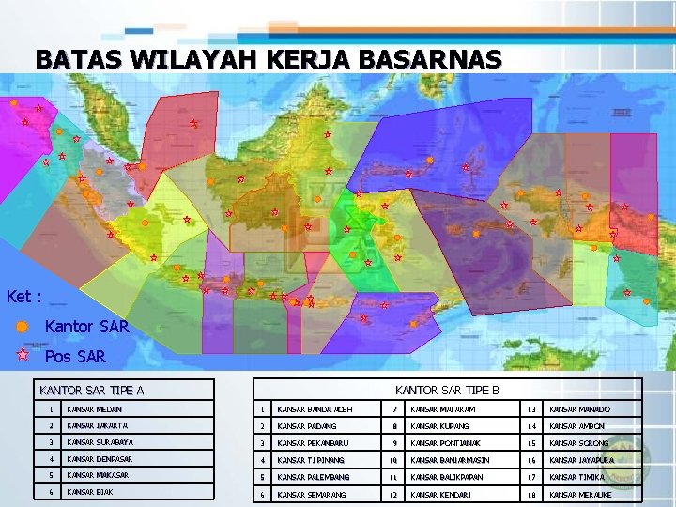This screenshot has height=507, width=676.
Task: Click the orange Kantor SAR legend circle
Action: (x=22, y=327)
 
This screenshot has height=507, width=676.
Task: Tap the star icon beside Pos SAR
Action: (x=23, y=356)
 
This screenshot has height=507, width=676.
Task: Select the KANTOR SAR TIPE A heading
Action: (x=91, y=390)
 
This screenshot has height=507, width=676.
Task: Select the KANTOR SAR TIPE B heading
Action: (x=446, y=390)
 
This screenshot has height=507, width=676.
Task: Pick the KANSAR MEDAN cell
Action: (x=95, y=409)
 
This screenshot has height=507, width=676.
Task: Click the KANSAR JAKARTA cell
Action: (x=98, y=426)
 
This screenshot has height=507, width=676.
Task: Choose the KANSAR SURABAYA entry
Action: (x=100, y=442)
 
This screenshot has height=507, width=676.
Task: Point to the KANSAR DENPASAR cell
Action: (x=100, y=459)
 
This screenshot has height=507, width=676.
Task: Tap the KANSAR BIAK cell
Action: (x=89, y=492)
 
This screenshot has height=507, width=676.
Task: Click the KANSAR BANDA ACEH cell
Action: (x=315, y=409)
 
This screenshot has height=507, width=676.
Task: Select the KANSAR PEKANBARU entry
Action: (x=313, y=443)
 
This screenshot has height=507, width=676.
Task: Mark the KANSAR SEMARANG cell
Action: (x=312, y=494)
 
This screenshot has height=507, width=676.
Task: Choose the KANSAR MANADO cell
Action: (x=579, y=409)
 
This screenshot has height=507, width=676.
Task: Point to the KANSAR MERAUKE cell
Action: (x=581, y=494)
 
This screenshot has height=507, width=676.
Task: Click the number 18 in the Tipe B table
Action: (x=530, y=494)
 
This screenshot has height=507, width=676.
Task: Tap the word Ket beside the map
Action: (x=20, y=297)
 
